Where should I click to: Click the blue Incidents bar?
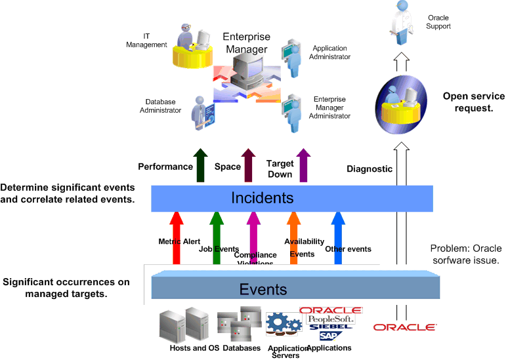(x=263, y=197)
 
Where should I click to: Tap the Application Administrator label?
(x=331, y=52)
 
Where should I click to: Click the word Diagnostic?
(x=370, y=169)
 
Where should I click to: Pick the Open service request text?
(x=474, y=102)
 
